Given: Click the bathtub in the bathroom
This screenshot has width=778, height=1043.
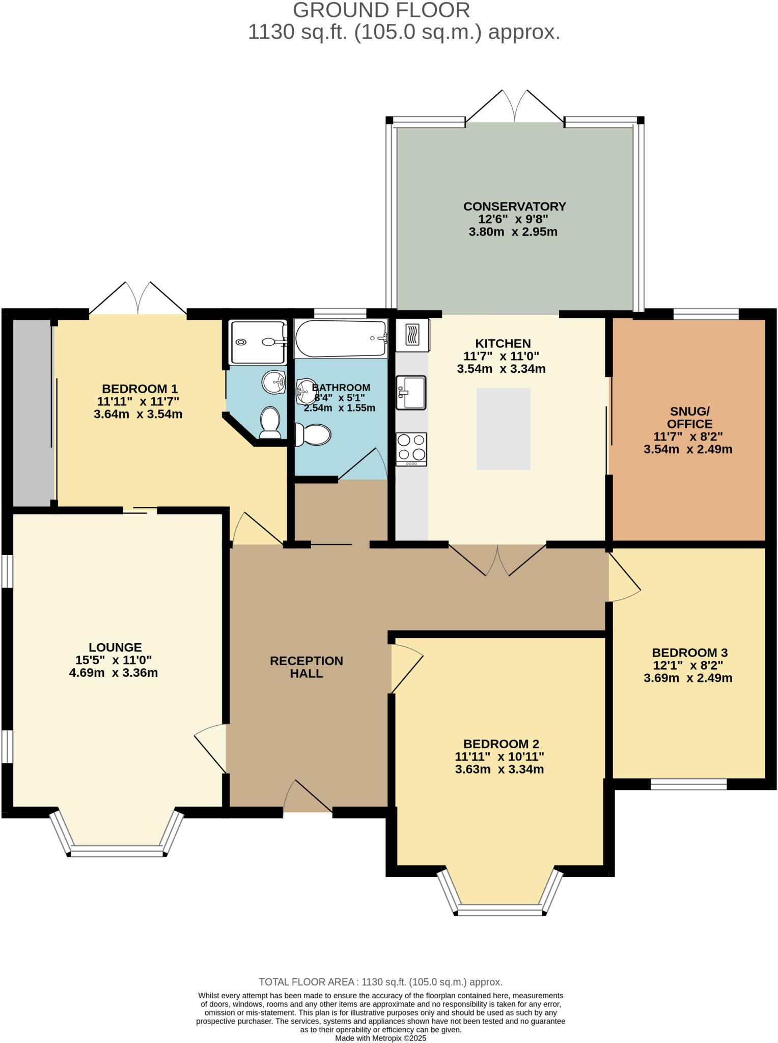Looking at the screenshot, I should coord(340,339).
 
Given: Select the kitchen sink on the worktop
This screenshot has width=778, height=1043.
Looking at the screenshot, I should coord(411,392).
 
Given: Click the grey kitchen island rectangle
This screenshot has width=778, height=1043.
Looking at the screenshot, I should coord(503,428).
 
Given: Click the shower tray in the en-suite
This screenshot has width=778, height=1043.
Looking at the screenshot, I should coord(258,342).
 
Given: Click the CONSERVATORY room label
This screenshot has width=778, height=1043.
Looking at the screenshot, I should coord(514,206).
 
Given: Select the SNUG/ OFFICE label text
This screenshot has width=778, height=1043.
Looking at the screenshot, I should coord(689,418).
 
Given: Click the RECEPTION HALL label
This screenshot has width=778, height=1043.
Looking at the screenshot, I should coord(307,667).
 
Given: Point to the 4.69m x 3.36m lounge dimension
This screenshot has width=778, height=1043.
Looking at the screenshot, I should coord(114,673).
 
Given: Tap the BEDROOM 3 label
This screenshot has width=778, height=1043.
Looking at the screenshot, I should coord(689,652).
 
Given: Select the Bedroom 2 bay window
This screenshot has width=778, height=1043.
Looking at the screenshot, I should coord(499,909).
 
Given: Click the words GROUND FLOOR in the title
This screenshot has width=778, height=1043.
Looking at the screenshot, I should coord(381,10).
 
